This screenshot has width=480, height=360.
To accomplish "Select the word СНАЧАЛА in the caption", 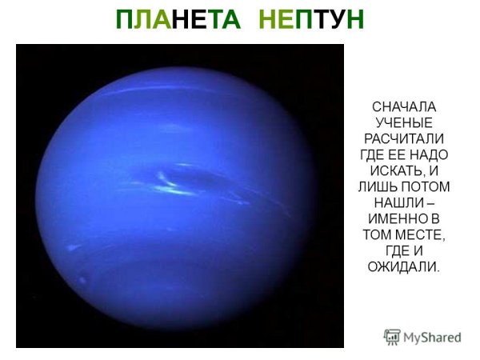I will (406, 106).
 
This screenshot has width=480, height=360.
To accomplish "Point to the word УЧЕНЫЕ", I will (406, 122).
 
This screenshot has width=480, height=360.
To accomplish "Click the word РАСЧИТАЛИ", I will (406, 138).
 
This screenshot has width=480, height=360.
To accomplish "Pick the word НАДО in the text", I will (428, 154).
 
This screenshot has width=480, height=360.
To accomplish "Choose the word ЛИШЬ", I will (381, 186).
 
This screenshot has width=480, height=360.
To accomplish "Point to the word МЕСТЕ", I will (419, 234).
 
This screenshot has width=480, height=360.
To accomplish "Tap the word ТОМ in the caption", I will (377, 234).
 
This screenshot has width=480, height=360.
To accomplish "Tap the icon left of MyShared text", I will (392, 337).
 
